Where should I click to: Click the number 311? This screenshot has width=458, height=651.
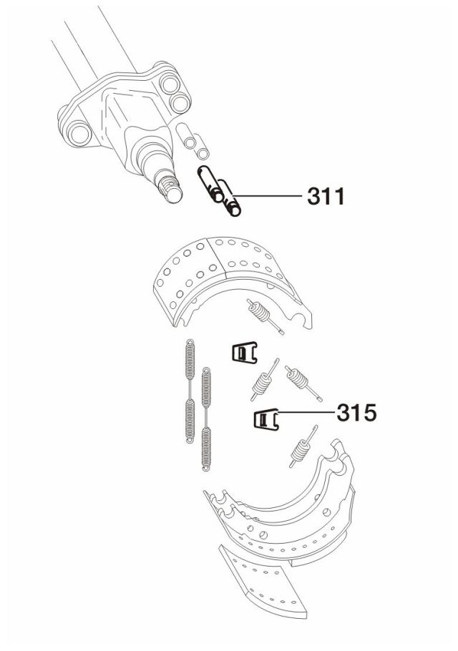click(326, 196)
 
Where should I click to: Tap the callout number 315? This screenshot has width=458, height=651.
click(356, 412)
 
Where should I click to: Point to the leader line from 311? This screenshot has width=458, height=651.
click(268, 195)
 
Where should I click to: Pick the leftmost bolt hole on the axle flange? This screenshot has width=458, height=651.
click(79, 134)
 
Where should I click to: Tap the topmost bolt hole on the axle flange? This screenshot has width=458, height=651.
click(170, 84)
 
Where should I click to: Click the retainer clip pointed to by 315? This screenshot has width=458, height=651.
click(265, 419)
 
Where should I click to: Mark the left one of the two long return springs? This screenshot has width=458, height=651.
click(190, 391)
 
